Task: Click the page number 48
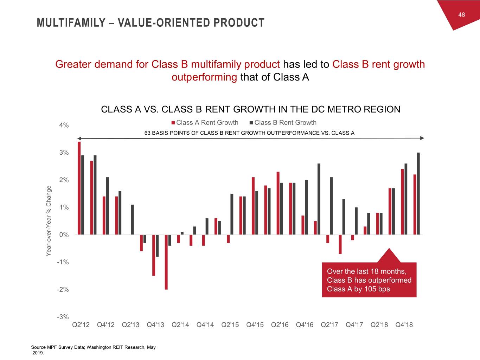pyautogui.click(x=461, y=14)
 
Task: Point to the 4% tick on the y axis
pyautogui.click(x=64, y=126)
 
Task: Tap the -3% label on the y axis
pyautogui.click(x=63, y=317)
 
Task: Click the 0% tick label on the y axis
pyautogui.click(x=64, y=235)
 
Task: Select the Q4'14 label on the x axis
pyautogui.click(x=205, y=325)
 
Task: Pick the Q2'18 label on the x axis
pyautogui.click(x=379, y=325)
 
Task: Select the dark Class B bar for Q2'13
pyautogui.click(x=132, y=219)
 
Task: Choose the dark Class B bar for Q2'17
pyautogui.click(x=331, y=206)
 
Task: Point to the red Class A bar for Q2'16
pyautogui.click(x=278, y=203)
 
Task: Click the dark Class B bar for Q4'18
pyautogui.click(x=406, y=199)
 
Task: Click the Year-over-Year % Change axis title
pyautogui.click(x=49, y=221)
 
